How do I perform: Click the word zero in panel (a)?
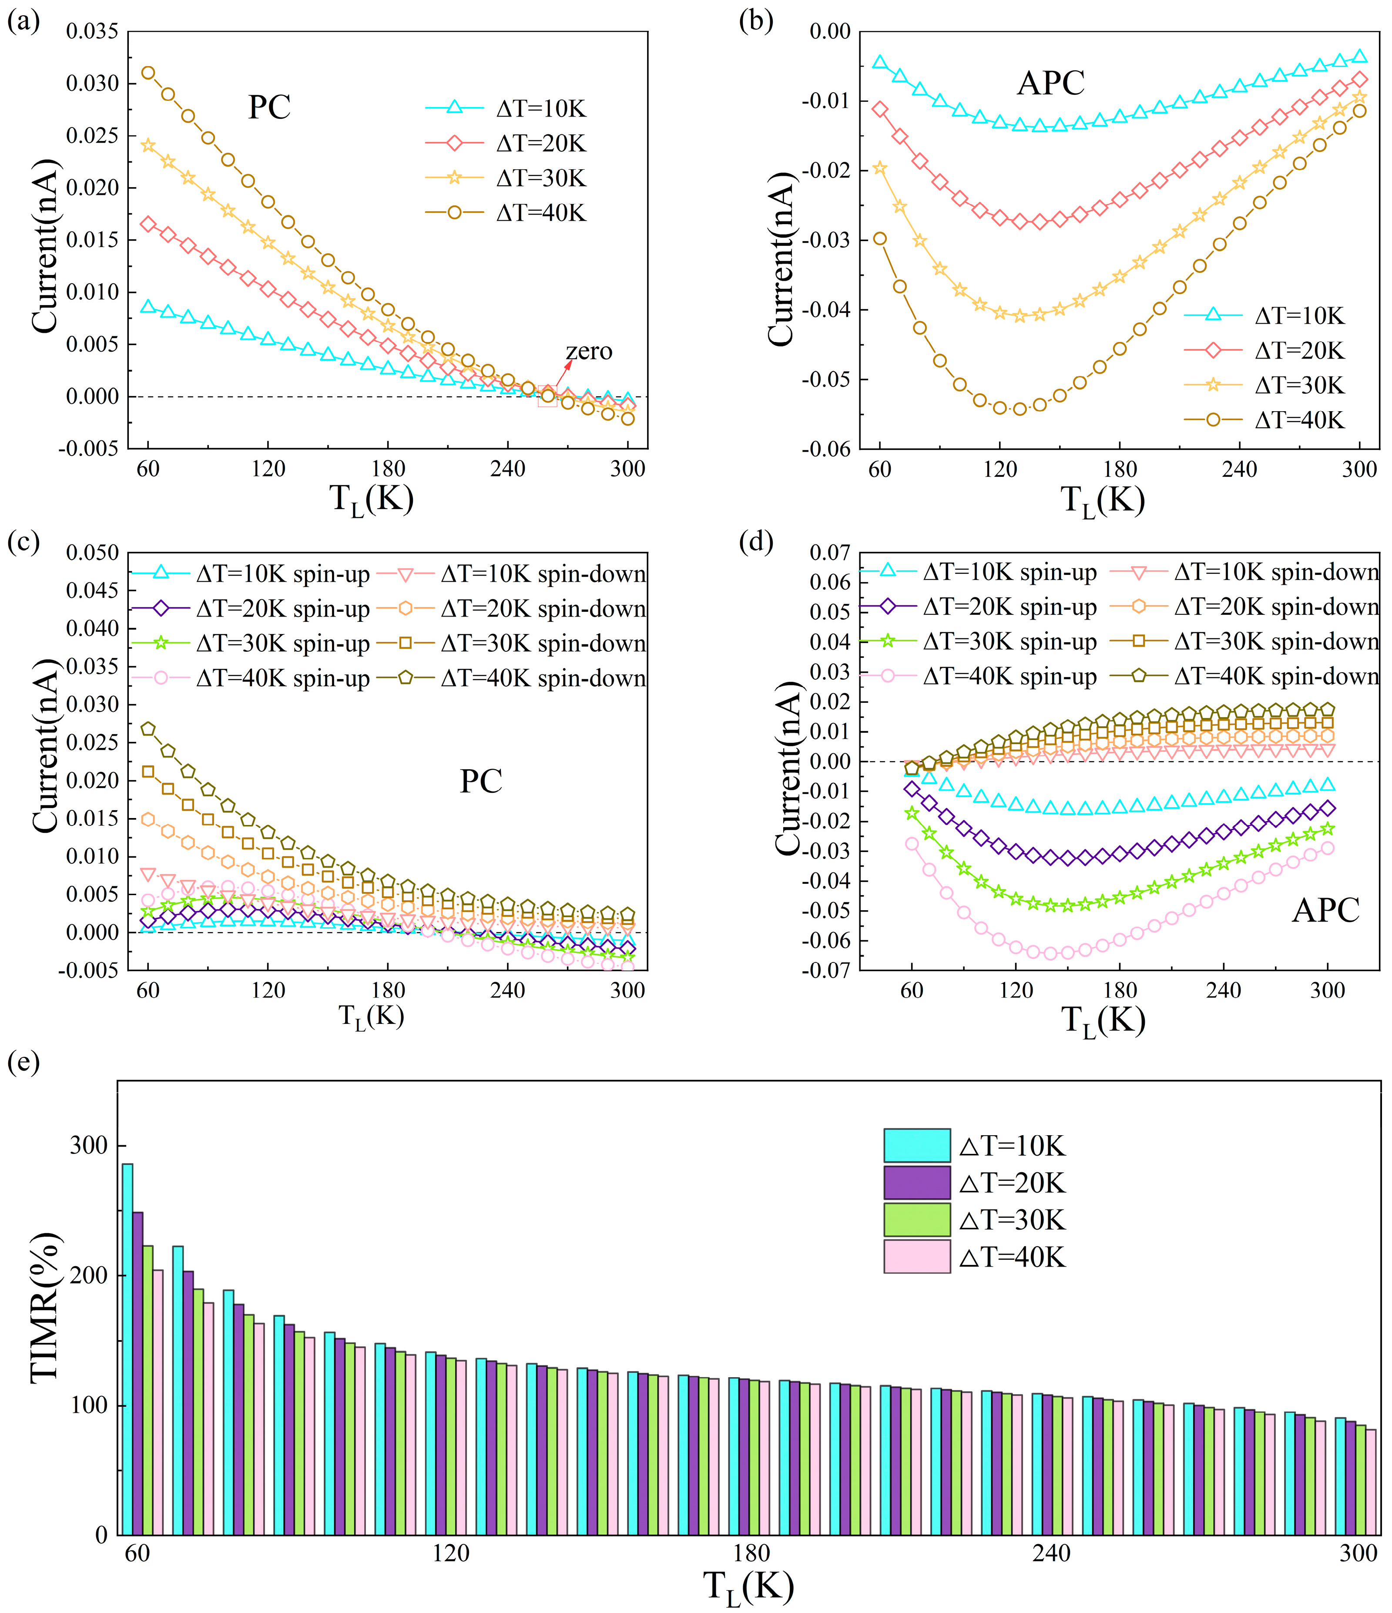click(589, 352)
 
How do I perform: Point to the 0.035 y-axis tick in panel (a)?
click(92, 32)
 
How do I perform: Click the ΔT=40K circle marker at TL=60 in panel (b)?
click(880, 238)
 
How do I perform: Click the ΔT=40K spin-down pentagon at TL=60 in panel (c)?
click(148, 729)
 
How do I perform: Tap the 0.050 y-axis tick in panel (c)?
click(92, 553)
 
